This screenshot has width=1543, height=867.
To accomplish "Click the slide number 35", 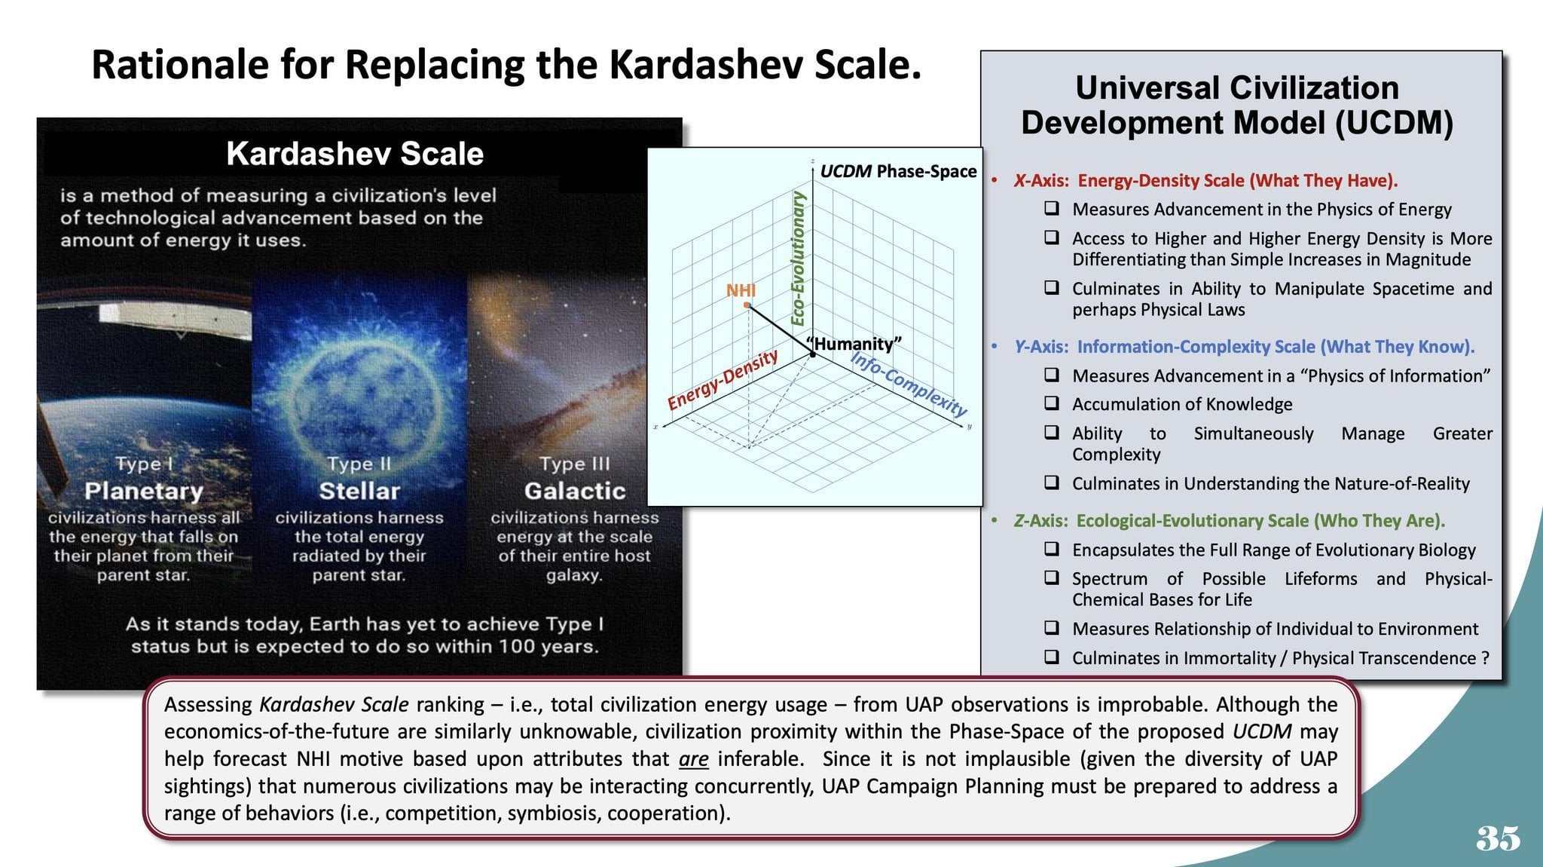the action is pos(1498,838).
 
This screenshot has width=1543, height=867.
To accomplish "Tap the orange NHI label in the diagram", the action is pos(741,290).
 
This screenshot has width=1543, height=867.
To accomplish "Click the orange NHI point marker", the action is pos(747,305).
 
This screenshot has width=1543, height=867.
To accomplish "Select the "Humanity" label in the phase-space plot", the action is pos(854,344).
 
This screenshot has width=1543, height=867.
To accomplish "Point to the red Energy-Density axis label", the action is pos(723,379).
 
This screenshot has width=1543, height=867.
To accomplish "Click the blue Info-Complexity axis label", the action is pos(909,384).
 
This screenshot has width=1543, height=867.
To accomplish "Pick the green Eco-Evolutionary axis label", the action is pos(798,258).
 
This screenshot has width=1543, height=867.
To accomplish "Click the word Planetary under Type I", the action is pos(144,491).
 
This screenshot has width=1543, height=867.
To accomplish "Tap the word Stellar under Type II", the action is pos(359,491).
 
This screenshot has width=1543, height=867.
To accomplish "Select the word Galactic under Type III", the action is pos(575,491).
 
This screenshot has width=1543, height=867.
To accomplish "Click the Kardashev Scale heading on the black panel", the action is pos(355,154).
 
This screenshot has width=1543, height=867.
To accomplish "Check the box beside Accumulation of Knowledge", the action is pos(1052,403).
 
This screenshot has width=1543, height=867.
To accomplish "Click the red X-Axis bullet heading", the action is pos(1205,180).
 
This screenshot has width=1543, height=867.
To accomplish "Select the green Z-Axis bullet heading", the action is pos(1229,520).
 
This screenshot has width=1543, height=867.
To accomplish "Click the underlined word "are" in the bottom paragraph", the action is pos(693,758).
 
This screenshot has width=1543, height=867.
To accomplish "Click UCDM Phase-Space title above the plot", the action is pos(898,171).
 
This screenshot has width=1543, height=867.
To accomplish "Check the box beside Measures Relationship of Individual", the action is pos(1052,627).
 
